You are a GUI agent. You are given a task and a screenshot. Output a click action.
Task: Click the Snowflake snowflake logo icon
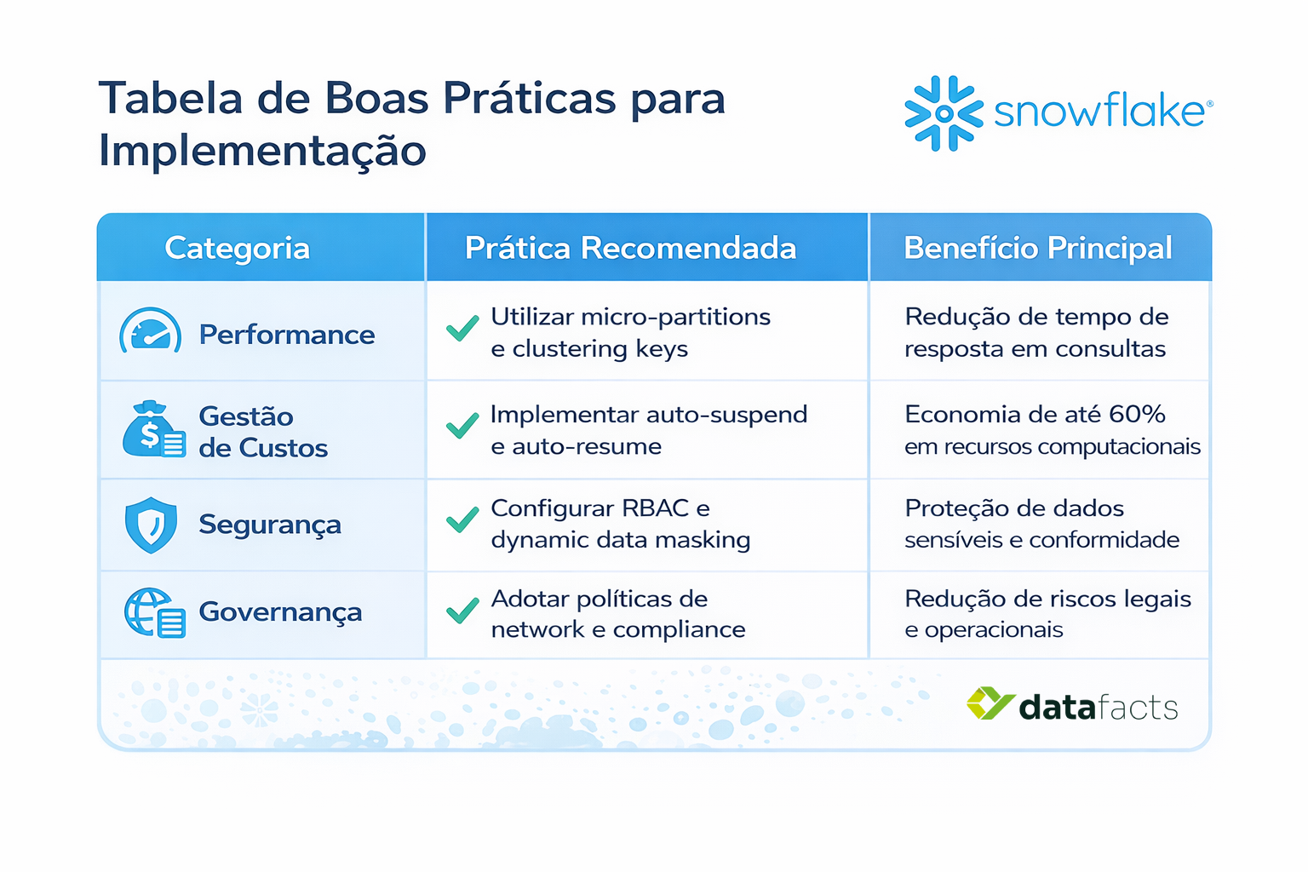[x=944, y=113]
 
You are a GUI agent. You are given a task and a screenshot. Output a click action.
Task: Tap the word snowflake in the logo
[x=1099, y=112]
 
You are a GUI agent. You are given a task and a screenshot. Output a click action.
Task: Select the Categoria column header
[x=237, y=248]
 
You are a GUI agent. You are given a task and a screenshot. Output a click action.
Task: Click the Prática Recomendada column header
[x=630, y=248]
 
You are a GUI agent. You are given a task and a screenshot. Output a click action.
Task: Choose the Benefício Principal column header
[x=1037, y=248]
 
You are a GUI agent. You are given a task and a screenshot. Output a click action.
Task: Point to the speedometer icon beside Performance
[x=151, y=331]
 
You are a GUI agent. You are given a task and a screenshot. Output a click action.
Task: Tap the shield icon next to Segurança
[x=151, y=525]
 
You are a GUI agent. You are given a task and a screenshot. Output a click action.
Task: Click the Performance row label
[x=286, y=335]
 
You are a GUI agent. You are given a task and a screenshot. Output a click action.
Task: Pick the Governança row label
[x=280, y=612]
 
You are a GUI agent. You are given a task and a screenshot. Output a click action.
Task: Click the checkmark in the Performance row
[x=462, y=329]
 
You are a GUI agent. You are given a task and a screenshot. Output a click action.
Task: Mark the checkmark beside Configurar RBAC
[x=462, y=519]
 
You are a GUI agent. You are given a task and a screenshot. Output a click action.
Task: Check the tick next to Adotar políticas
[x=462, y=611]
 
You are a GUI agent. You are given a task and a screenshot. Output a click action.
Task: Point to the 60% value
[x=1137, y=415]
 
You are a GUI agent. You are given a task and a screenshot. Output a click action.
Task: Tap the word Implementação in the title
[x=262, y=152]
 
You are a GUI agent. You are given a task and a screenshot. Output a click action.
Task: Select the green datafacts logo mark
[x=990, y=704]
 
